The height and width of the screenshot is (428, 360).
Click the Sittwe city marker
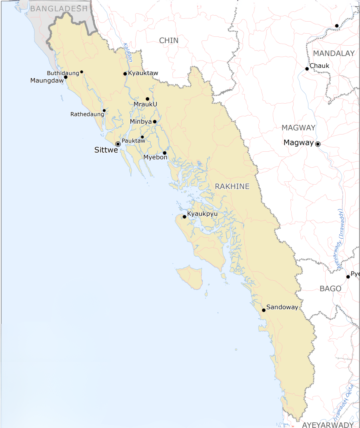[118, 144]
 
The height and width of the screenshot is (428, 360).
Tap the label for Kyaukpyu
[202, 214]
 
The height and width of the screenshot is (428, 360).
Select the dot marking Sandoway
[264, 310]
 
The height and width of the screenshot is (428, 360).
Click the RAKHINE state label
[232, 187]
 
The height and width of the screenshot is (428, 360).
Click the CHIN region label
[169, 40]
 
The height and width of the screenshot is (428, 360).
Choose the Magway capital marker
[318, 144]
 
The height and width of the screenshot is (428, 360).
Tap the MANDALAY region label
[334, 54]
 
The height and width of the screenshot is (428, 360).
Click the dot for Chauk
[307, 69]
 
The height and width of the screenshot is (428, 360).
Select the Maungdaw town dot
[66, 77]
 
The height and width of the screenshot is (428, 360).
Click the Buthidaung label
[63, 73]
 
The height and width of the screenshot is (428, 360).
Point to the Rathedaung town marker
[104, 111]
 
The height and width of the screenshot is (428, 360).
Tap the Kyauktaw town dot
[125, 74]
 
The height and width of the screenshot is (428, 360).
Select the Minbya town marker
[154, 122]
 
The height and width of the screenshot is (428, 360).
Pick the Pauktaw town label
[133, 141]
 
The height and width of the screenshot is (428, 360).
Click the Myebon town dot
[164, 153]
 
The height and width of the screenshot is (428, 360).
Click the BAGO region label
[330, 289]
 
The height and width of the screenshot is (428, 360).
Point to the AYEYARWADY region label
[328, 425]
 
